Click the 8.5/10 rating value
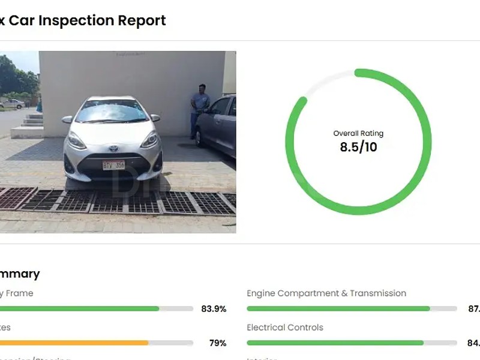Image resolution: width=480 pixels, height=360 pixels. pyautogui.click(x=358, y=147)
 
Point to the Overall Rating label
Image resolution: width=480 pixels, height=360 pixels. pyautogui.click(x=358, y=133)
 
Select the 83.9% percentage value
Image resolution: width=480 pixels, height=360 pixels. pyautogui.click(x=214, y=309)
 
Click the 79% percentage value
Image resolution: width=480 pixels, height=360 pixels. pyautogui.click(x=217, y=343)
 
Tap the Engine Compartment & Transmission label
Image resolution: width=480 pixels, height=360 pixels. pyautogui.click(x=326, y=293)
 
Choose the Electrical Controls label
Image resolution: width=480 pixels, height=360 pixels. pyautogui.click(x=285, y=328)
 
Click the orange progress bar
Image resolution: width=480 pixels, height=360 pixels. pyautogui.click(x=72, y=343)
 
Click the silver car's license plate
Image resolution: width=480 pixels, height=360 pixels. pyautogui.click(x=113, y=165)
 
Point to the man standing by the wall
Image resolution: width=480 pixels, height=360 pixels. pyautogui.click(x=199, y=108)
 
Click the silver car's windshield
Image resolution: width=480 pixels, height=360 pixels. pyautogui.click(x=113, y=112)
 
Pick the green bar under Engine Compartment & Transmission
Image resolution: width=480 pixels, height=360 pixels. pyautogui.click(x=338, y=309)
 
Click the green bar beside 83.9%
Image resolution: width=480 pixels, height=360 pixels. pyautogui.click(x=78, y=309)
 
